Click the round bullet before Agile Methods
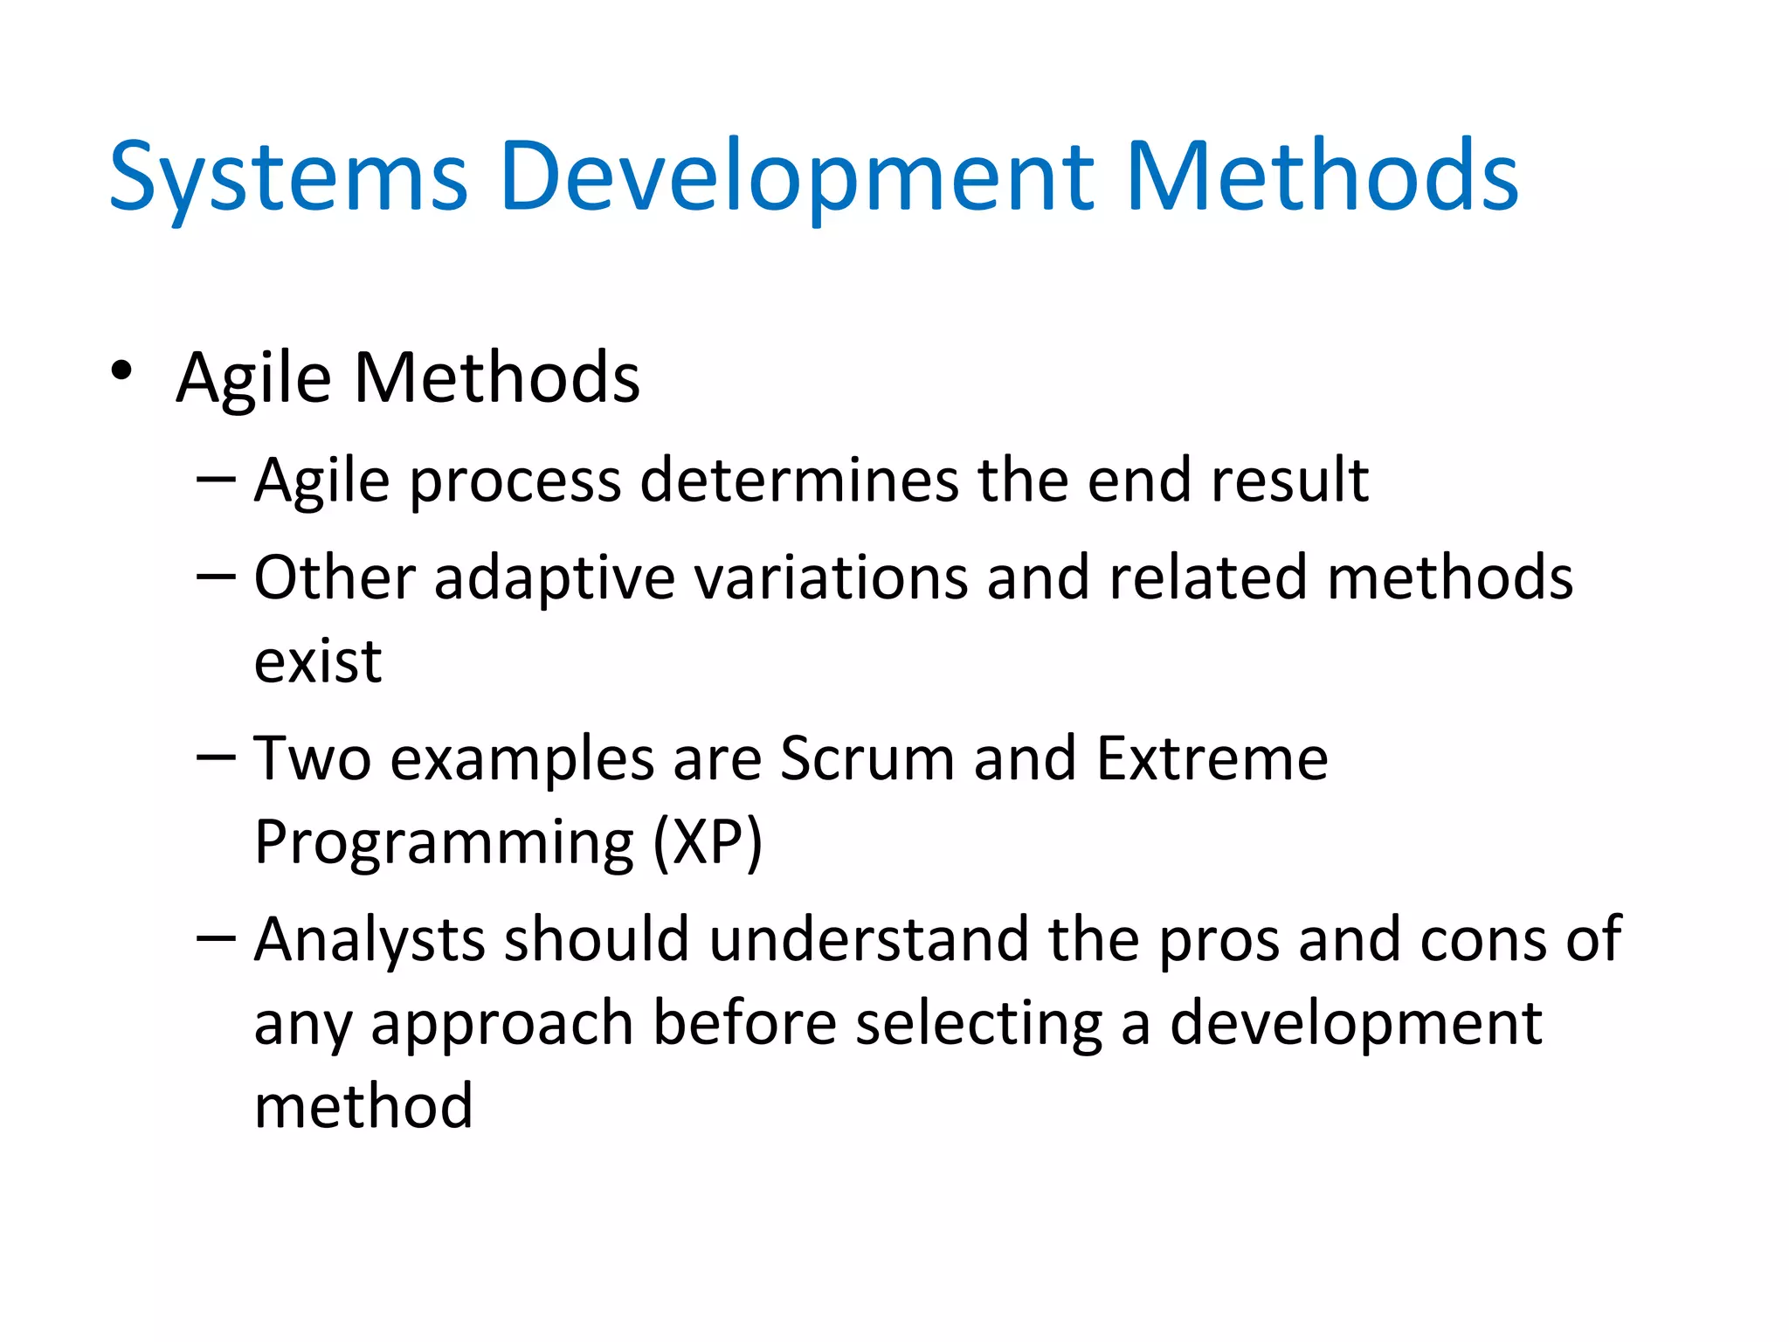[121, 371]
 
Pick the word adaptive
[554, 578]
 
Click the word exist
[317, 661]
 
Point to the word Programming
[444, 844]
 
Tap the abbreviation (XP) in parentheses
[708, 842]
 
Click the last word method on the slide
[363, 1106]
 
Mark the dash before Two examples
[216, 757]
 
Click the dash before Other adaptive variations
[216, 576]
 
